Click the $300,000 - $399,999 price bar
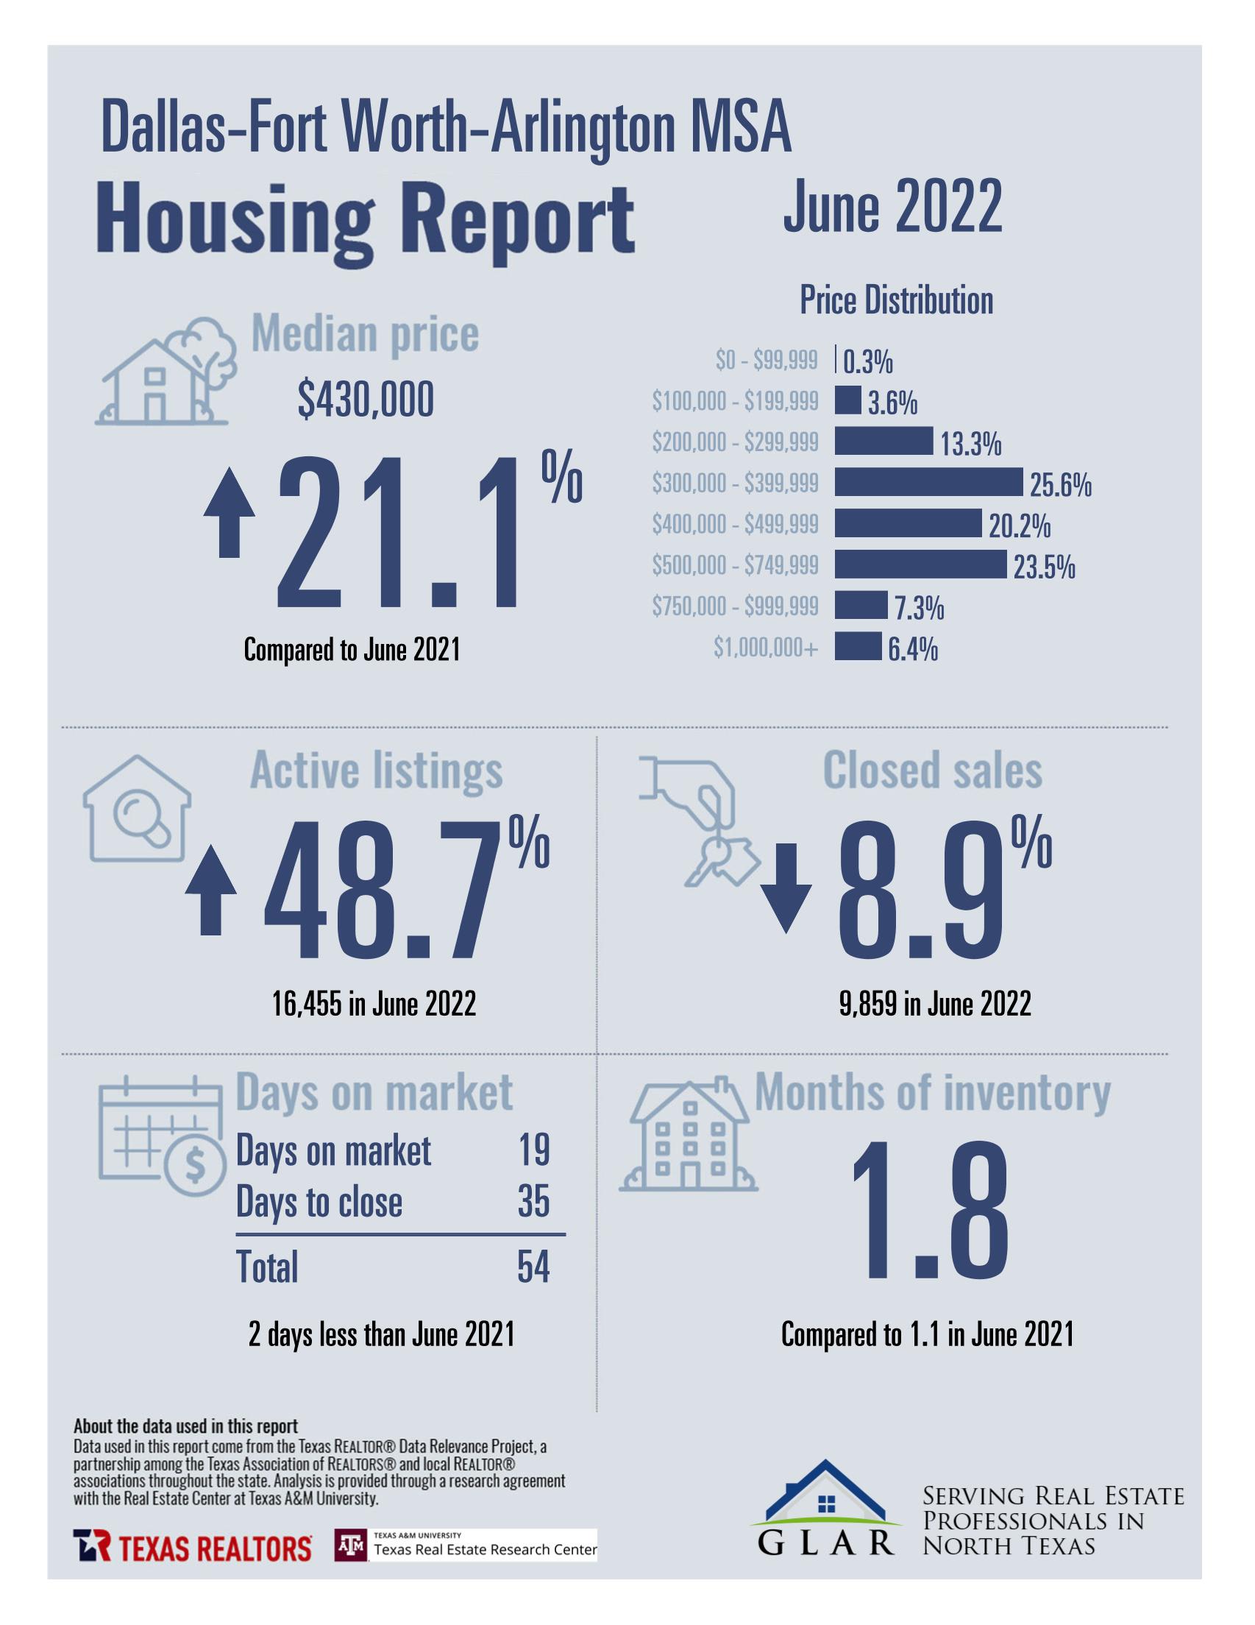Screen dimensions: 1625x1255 click(x=928, y=482)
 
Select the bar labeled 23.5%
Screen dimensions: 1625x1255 click(x=920, y=564)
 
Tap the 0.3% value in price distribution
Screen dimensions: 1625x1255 click(x=867, y=362)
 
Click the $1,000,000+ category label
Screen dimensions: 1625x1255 click(x=766, y=648)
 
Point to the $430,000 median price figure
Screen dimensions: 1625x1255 click(x=366, y=400)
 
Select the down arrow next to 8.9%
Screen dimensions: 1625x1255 click(x=786, y=887)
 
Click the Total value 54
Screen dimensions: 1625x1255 click(x=533, y=1267)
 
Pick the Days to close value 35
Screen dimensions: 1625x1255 click(x=533, y=1202)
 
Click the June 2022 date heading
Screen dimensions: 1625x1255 click(x=892, y=207)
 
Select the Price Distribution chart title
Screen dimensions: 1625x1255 click(x=896, y=300)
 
